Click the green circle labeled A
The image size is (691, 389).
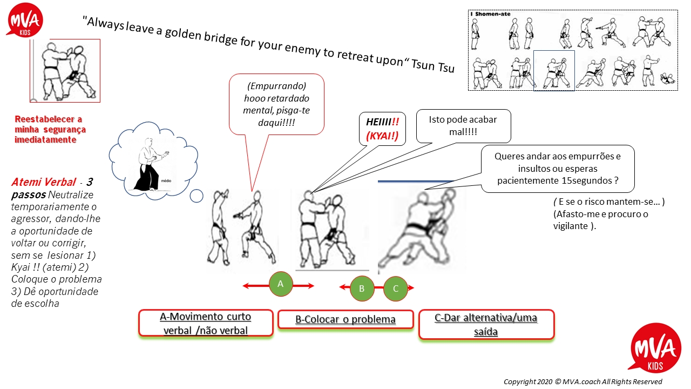click(280, 285)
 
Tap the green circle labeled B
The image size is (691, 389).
click(362, 289)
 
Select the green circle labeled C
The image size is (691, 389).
click(396, 289)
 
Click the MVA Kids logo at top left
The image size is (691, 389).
click(24, 21)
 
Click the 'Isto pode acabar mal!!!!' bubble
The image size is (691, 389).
click(463, 125)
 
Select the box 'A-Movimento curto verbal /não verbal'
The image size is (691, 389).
click(206, 323)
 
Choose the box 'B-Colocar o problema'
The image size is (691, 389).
click(345, 319)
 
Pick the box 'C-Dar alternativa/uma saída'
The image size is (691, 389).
click(486, 325)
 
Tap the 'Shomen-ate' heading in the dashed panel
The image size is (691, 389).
click(491, 15)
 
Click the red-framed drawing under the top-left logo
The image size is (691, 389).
click(65, 70)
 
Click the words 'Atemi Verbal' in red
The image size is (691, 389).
click(43, 183)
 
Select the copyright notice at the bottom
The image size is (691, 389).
click(582, 381)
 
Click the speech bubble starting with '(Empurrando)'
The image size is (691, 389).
click(276, 105)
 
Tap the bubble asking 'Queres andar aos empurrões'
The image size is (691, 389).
click(557, 169)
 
